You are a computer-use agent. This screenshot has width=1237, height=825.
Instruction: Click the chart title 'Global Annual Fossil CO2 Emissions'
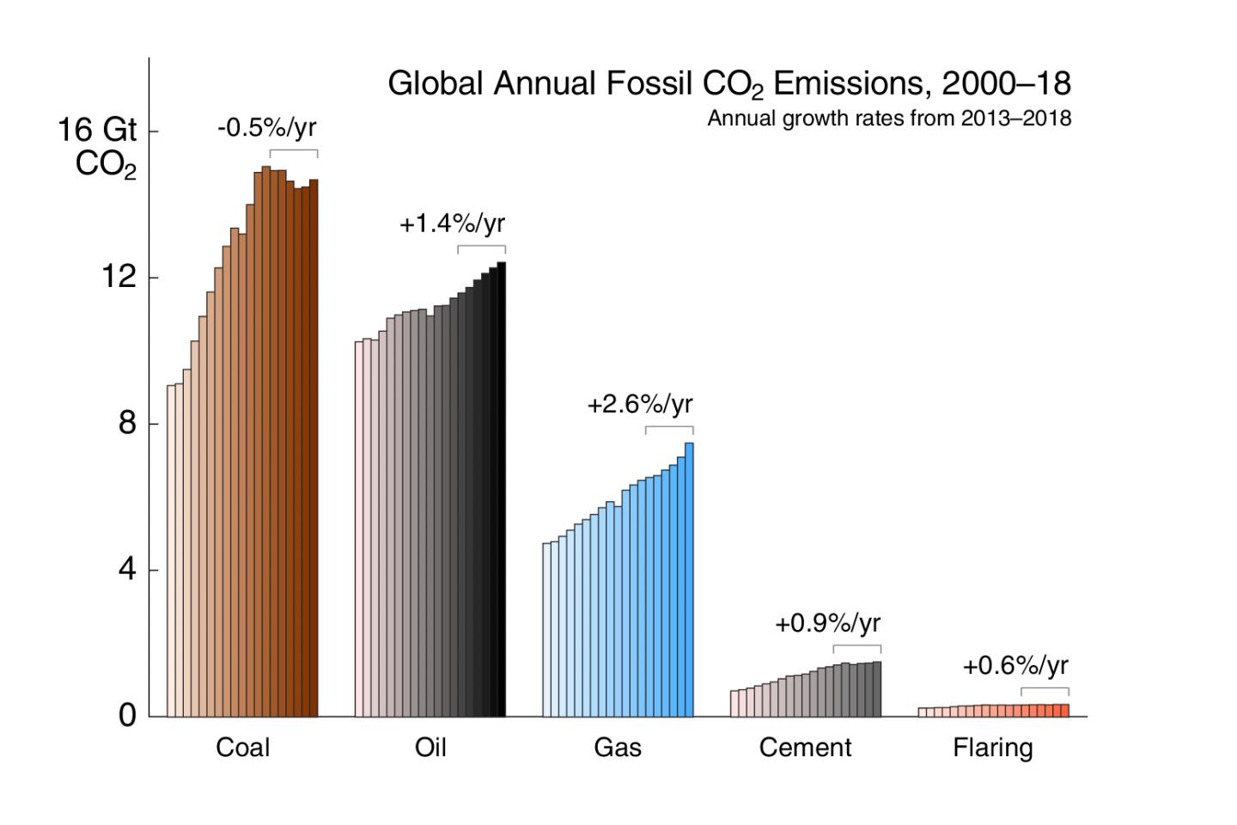728,84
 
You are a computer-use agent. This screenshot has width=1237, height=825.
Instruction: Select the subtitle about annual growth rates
888,119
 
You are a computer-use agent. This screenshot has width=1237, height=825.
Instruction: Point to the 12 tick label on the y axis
119,277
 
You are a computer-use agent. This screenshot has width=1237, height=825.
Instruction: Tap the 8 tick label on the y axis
127,423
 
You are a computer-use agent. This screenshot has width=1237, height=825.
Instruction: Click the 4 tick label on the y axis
127,569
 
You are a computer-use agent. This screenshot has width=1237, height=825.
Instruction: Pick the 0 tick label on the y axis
127,715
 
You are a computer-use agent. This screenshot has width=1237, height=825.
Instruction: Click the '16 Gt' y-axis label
96,131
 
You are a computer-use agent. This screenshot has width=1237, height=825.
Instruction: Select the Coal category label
242,748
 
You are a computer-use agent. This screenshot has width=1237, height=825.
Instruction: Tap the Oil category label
430,748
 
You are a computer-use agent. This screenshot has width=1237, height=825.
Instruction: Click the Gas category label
618,748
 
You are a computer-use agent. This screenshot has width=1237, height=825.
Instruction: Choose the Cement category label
805,748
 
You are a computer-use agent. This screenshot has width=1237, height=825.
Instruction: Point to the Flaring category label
992,748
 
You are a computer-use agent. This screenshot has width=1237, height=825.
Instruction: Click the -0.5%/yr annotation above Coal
266,128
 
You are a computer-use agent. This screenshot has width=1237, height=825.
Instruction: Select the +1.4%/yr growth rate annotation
452,224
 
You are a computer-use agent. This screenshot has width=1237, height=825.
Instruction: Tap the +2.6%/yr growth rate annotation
639,405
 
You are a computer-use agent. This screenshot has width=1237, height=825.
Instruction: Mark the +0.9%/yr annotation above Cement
827,624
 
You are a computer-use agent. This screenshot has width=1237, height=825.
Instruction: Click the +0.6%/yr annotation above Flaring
1015,666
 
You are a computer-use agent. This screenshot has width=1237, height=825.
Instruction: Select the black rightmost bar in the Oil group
502,490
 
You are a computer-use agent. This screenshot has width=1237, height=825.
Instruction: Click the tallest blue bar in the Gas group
689,580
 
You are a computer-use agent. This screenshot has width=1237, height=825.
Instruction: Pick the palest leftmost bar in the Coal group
171,550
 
